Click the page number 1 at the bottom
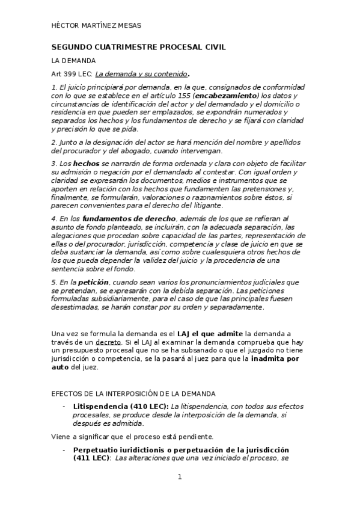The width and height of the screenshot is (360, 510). (x=180, y=477)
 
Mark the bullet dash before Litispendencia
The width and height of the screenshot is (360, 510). (x=64, y=407)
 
